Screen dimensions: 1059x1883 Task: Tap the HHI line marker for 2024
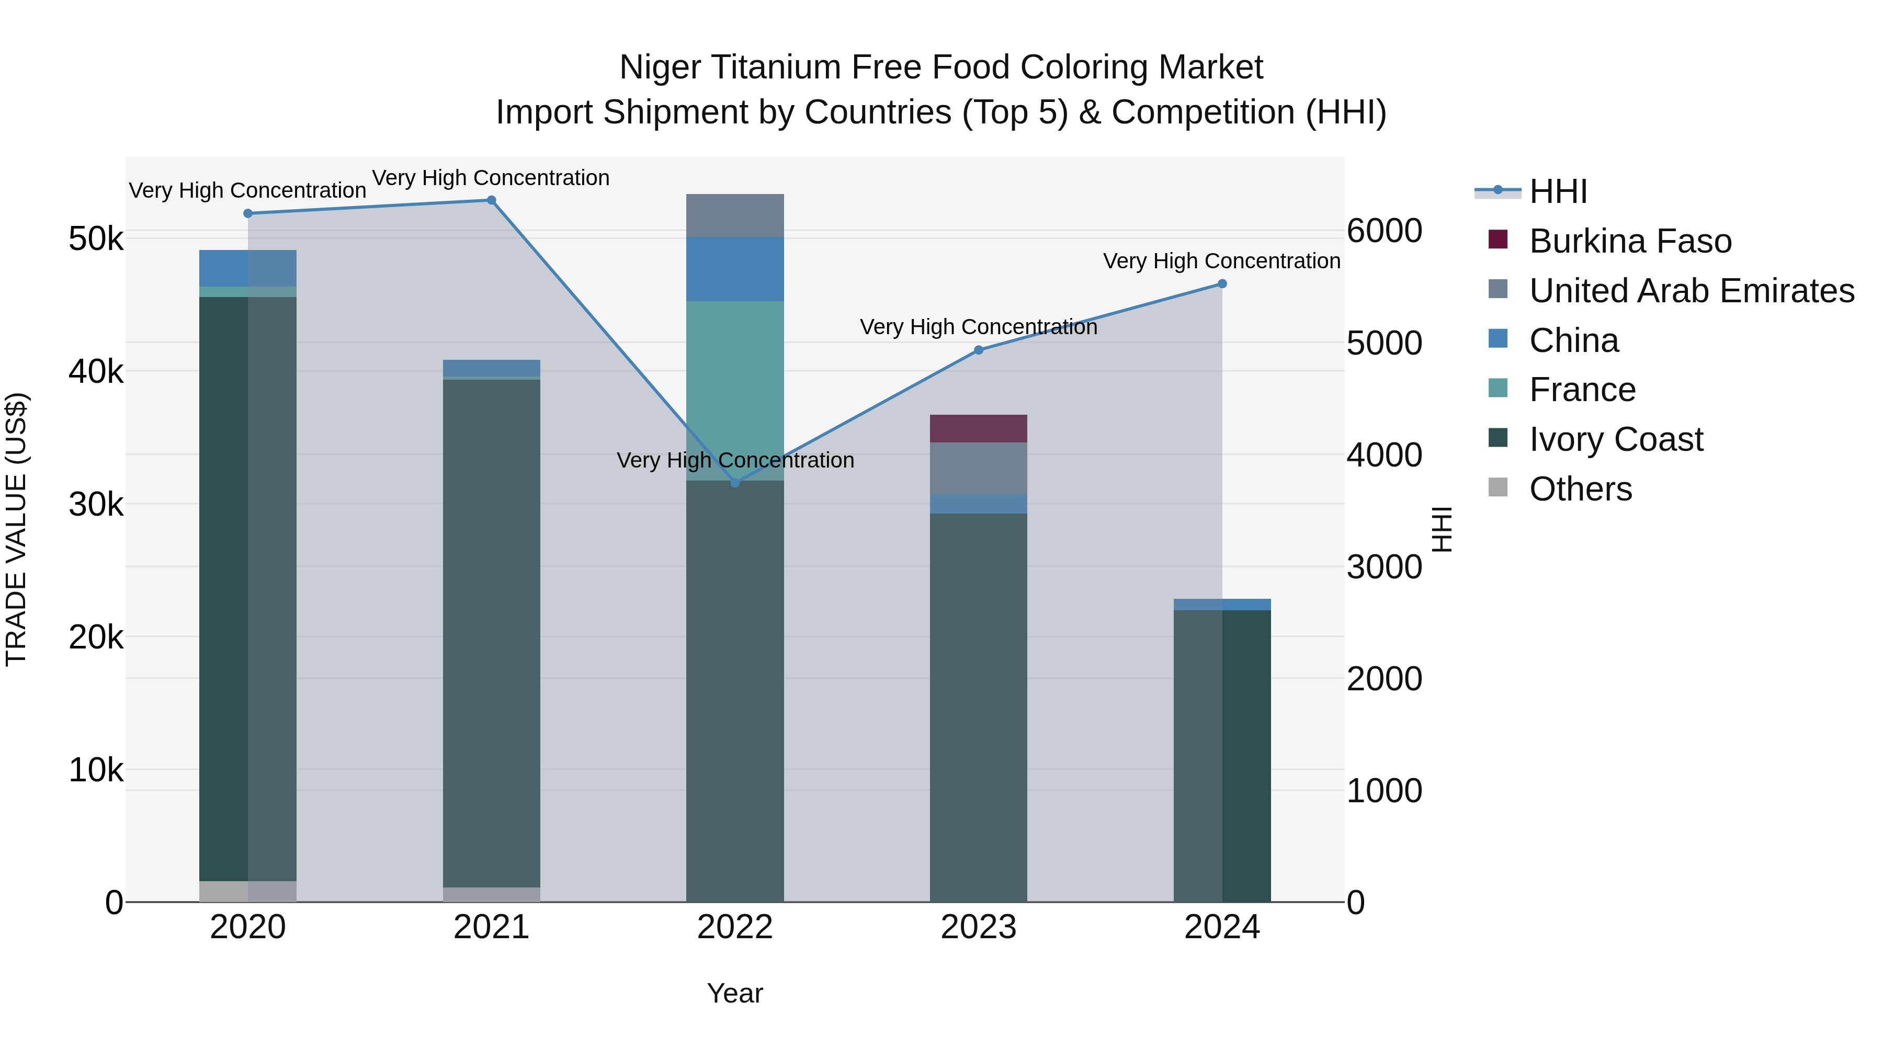tap(1222, 283)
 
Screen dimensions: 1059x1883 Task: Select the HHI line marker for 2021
tap(491, 200)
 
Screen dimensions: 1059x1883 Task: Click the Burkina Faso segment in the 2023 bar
tap(978, 428)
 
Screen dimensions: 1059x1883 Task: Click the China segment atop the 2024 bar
tap(1222, 605)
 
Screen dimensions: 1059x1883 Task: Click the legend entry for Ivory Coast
tap(1616, 439)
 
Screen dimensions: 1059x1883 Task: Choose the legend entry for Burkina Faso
tap(1630, 241)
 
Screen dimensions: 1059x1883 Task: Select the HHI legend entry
tap(1557, 191)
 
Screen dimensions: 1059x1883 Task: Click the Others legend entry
tap(1580, 489)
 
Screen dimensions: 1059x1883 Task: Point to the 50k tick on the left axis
tap(96, 239)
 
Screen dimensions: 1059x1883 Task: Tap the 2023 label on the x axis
tap(978, 927)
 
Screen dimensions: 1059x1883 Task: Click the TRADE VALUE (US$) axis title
tap(16, 529)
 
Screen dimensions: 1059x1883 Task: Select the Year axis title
tap(735, 993)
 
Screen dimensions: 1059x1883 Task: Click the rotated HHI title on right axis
tap(1442, 529)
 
